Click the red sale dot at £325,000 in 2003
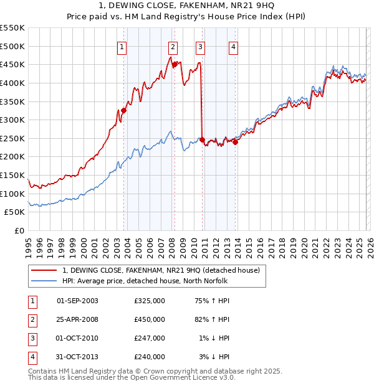tap(123, 110)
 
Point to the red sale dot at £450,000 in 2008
tap(175, 64)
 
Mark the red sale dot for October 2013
tap(236, 142)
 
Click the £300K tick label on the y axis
tap(12, 120)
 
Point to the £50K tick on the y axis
tap(15, 212)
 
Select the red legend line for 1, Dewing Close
tap(44, 270)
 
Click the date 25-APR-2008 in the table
tap(77, 319)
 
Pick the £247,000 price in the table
tap(150, 338)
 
